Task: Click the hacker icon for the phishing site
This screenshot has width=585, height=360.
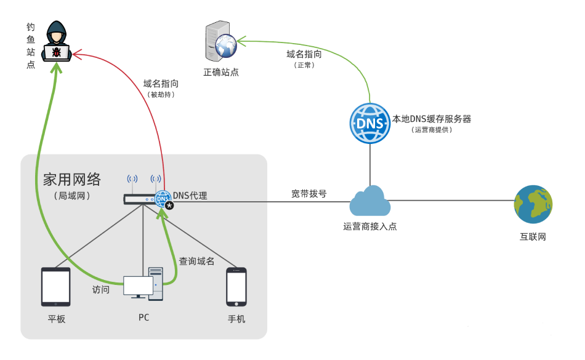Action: tap(57, 41)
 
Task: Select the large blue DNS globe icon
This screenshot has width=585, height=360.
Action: tap(369, 123)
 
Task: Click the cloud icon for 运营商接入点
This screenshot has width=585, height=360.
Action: tap(369, 200)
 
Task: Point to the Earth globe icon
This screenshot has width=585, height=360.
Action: tap(533, 204)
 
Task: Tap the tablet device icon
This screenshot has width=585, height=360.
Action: tap(55, 286)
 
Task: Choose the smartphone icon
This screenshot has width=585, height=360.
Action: tap(236, 286)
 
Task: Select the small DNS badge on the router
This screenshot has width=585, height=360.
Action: tap(163, 198)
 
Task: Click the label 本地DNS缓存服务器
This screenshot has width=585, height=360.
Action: tap(432, 119)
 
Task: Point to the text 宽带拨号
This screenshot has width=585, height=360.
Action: tap(309, 193)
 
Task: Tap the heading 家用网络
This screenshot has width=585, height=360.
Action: tap(71, 179)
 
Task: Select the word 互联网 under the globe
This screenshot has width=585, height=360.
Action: tap(533, 237)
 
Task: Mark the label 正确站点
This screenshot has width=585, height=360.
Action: tap(221, 72)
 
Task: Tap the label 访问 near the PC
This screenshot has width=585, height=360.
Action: tap(100, 289)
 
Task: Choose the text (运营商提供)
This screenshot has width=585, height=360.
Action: tap(432, 130)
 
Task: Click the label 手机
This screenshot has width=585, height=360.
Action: tap(236, 319)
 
